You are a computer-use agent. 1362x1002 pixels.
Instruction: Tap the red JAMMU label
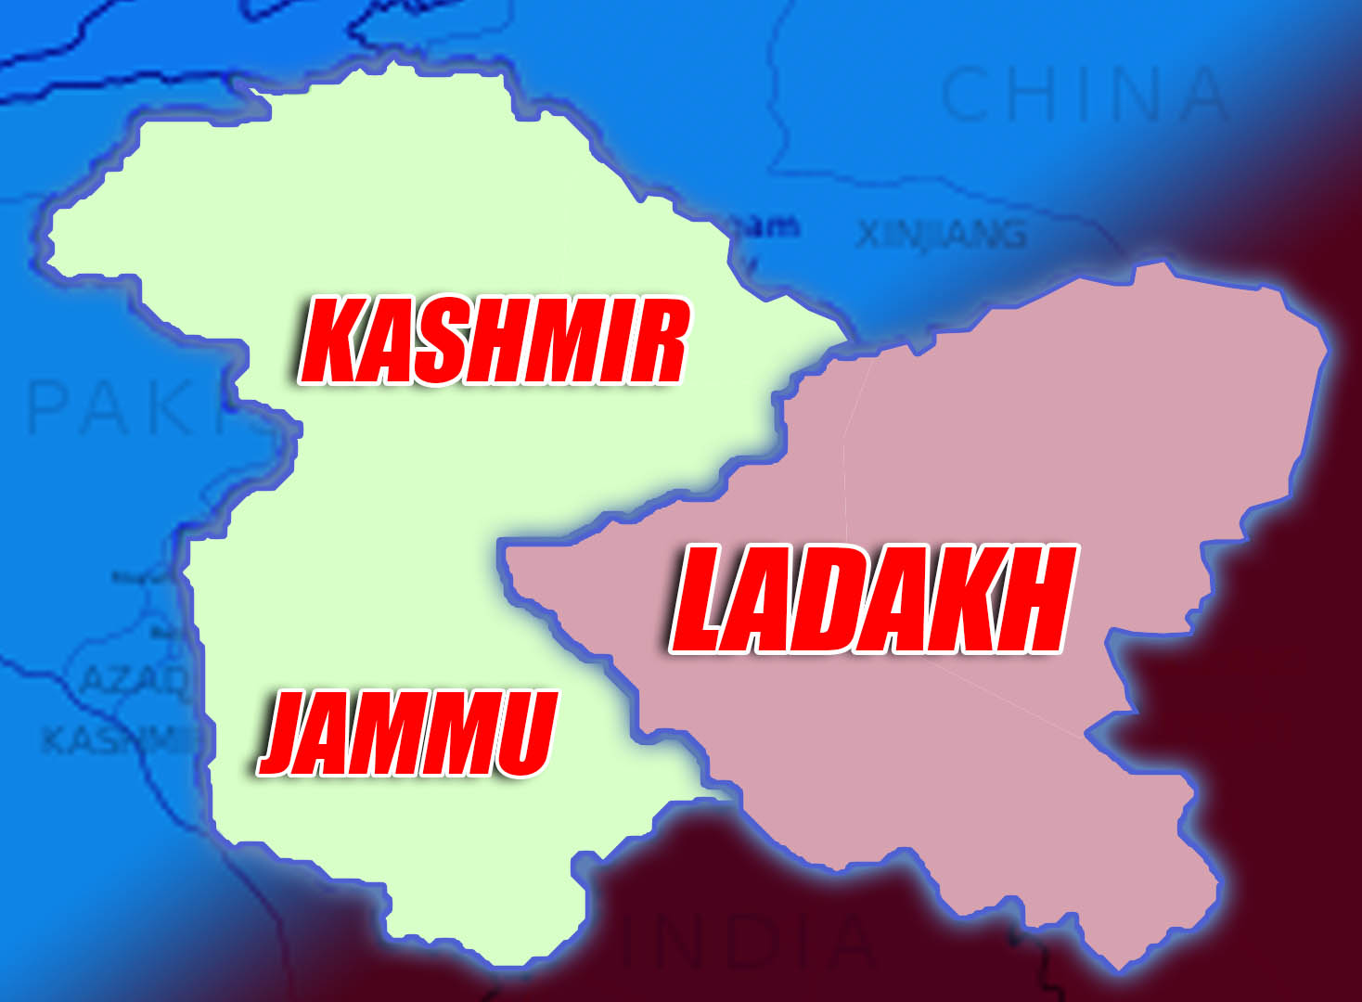408,733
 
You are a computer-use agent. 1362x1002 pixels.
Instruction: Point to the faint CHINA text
1084,95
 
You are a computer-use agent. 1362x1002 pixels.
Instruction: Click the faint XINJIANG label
941,236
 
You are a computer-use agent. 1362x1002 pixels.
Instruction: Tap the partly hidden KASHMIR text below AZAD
116,739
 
